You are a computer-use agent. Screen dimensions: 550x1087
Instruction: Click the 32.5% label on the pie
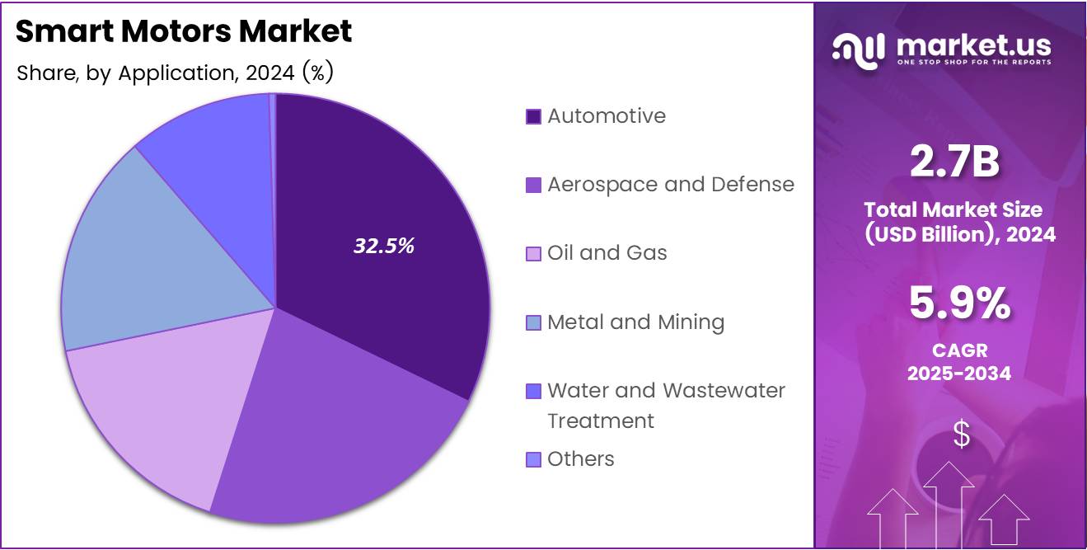[384, 246]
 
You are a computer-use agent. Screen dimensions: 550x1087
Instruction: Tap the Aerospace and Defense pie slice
[330, 429]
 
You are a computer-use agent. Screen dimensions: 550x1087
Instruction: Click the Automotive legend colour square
[533, 116]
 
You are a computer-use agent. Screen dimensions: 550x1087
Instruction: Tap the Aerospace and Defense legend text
[671, 184]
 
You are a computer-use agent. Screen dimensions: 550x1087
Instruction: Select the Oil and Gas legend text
[607, 252]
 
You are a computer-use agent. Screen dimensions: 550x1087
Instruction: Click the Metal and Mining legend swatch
[533, 322]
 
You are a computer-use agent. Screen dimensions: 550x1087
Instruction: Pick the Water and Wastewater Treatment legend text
[666, 405]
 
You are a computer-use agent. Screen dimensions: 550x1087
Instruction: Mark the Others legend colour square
[533, 459]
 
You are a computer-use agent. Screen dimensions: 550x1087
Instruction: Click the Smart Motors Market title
[184, 31]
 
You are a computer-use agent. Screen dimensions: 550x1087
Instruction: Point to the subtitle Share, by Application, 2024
[175, 73]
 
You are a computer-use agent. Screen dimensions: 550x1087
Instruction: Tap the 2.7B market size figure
[954, 162]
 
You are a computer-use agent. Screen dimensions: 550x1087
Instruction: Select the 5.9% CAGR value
[959, 303]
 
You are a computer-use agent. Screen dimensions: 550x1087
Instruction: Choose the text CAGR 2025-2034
[959, 362]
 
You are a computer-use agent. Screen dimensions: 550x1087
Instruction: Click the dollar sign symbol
[961, 435]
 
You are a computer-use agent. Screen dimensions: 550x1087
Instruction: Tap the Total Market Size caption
[959, 222]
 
